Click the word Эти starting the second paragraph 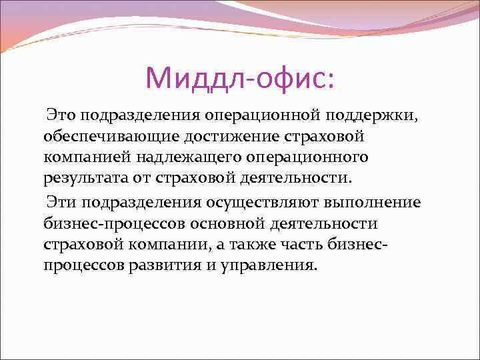point(61,202)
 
